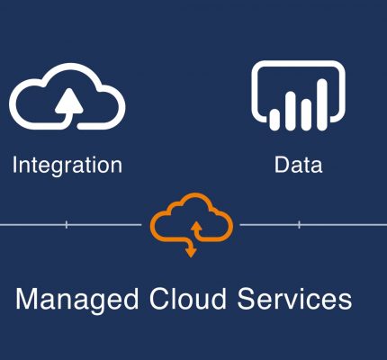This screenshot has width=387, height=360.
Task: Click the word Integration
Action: [67, 166]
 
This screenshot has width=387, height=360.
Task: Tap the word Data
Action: [299, 165]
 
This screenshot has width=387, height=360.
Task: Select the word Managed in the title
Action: [77, 300]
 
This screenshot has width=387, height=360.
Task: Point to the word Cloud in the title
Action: [188, 298]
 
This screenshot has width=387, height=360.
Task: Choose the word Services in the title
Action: [294, 299]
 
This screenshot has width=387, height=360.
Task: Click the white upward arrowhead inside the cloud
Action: [69, 101]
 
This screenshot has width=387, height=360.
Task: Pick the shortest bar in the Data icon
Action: [274, 120]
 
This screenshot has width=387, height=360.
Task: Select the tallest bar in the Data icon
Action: [322, 104]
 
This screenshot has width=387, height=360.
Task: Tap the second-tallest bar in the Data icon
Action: [290, 111]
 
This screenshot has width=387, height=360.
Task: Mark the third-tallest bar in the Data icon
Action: [306, 115]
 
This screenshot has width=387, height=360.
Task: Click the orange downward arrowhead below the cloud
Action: [191, 252]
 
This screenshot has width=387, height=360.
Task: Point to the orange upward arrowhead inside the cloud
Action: [196, 227]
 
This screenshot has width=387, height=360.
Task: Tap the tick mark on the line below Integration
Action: [67, 224]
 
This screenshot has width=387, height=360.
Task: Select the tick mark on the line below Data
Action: [299, 224]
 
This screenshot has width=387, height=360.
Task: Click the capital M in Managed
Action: [28, 298]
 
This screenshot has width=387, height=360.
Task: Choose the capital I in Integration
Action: [14, 165]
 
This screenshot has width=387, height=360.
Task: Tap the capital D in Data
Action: [282, 165]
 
